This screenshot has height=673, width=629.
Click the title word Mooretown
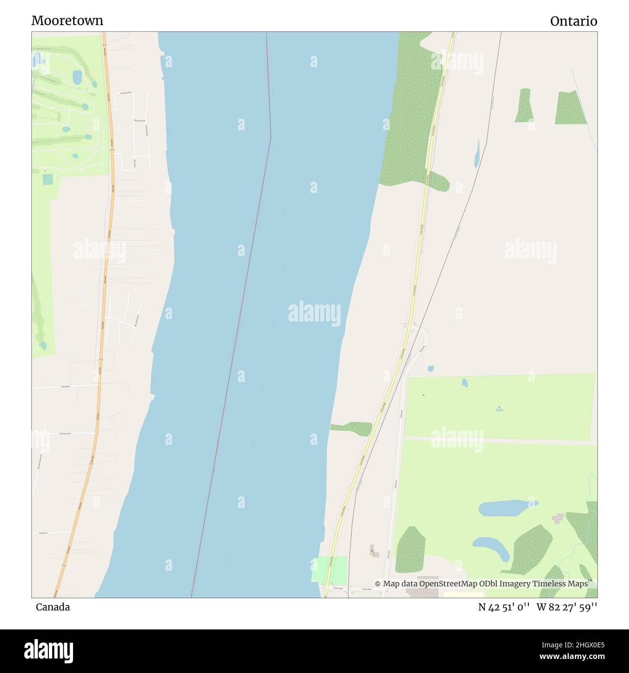pyautogui.click(x=67, y=20)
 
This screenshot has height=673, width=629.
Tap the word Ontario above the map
pyautogui.click(x=573, y=21)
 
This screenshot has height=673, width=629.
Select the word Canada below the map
pyautogui.click(x=53, y=607)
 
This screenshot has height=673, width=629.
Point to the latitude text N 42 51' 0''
pyautogui.click(x=504, y=607)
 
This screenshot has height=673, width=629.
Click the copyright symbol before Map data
pyautogui.click(x=377, y=584)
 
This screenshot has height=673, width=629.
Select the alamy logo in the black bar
pyautogui.click(x=48, y=650)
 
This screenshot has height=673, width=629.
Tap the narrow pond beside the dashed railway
pyautogui.click(x=477, y=154)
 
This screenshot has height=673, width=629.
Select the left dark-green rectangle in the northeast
pyautogui.click(x=524, y=106)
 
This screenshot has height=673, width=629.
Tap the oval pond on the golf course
pyautogui.click(x=77, y=77)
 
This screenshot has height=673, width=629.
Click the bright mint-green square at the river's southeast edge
pyautogui.click(x=330, y=570)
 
